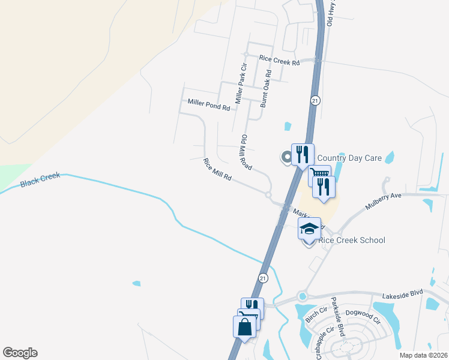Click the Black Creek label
tap(41, 179)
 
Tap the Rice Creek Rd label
tap(279, 59)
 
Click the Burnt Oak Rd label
tap(265, 88)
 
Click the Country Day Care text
tap(349, 158)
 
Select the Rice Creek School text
tap(351, 240)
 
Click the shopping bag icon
tap(244, 327)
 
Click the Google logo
tap(20, 353)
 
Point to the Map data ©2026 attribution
tap(423, 355)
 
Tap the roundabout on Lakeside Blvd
tap(303, 296)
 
